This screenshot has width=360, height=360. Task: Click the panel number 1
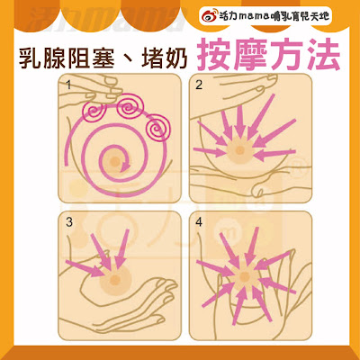click(68, 85)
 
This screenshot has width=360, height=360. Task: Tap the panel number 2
click(199, 85)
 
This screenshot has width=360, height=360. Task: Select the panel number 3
click(69, 222)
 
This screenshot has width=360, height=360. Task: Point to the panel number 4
click(199, 222)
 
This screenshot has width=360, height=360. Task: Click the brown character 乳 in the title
click(30, 57)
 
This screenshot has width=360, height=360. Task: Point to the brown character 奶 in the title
click(177, 57)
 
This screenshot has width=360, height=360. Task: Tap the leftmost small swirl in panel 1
click(94, 112)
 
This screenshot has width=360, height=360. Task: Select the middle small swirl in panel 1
click(130, 106)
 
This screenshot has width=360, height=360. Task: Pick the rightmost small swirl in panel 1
click(157, 129)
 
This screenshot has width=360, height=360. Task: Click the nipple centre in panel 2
click(239, 150)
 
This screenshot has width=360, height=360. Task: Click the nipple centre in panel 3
click(115, 279)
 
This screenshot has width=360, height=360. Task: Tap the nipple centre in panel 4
click(245, 276)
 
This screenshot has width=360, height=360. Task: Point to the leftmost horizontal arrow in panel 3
click(85, 268)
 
